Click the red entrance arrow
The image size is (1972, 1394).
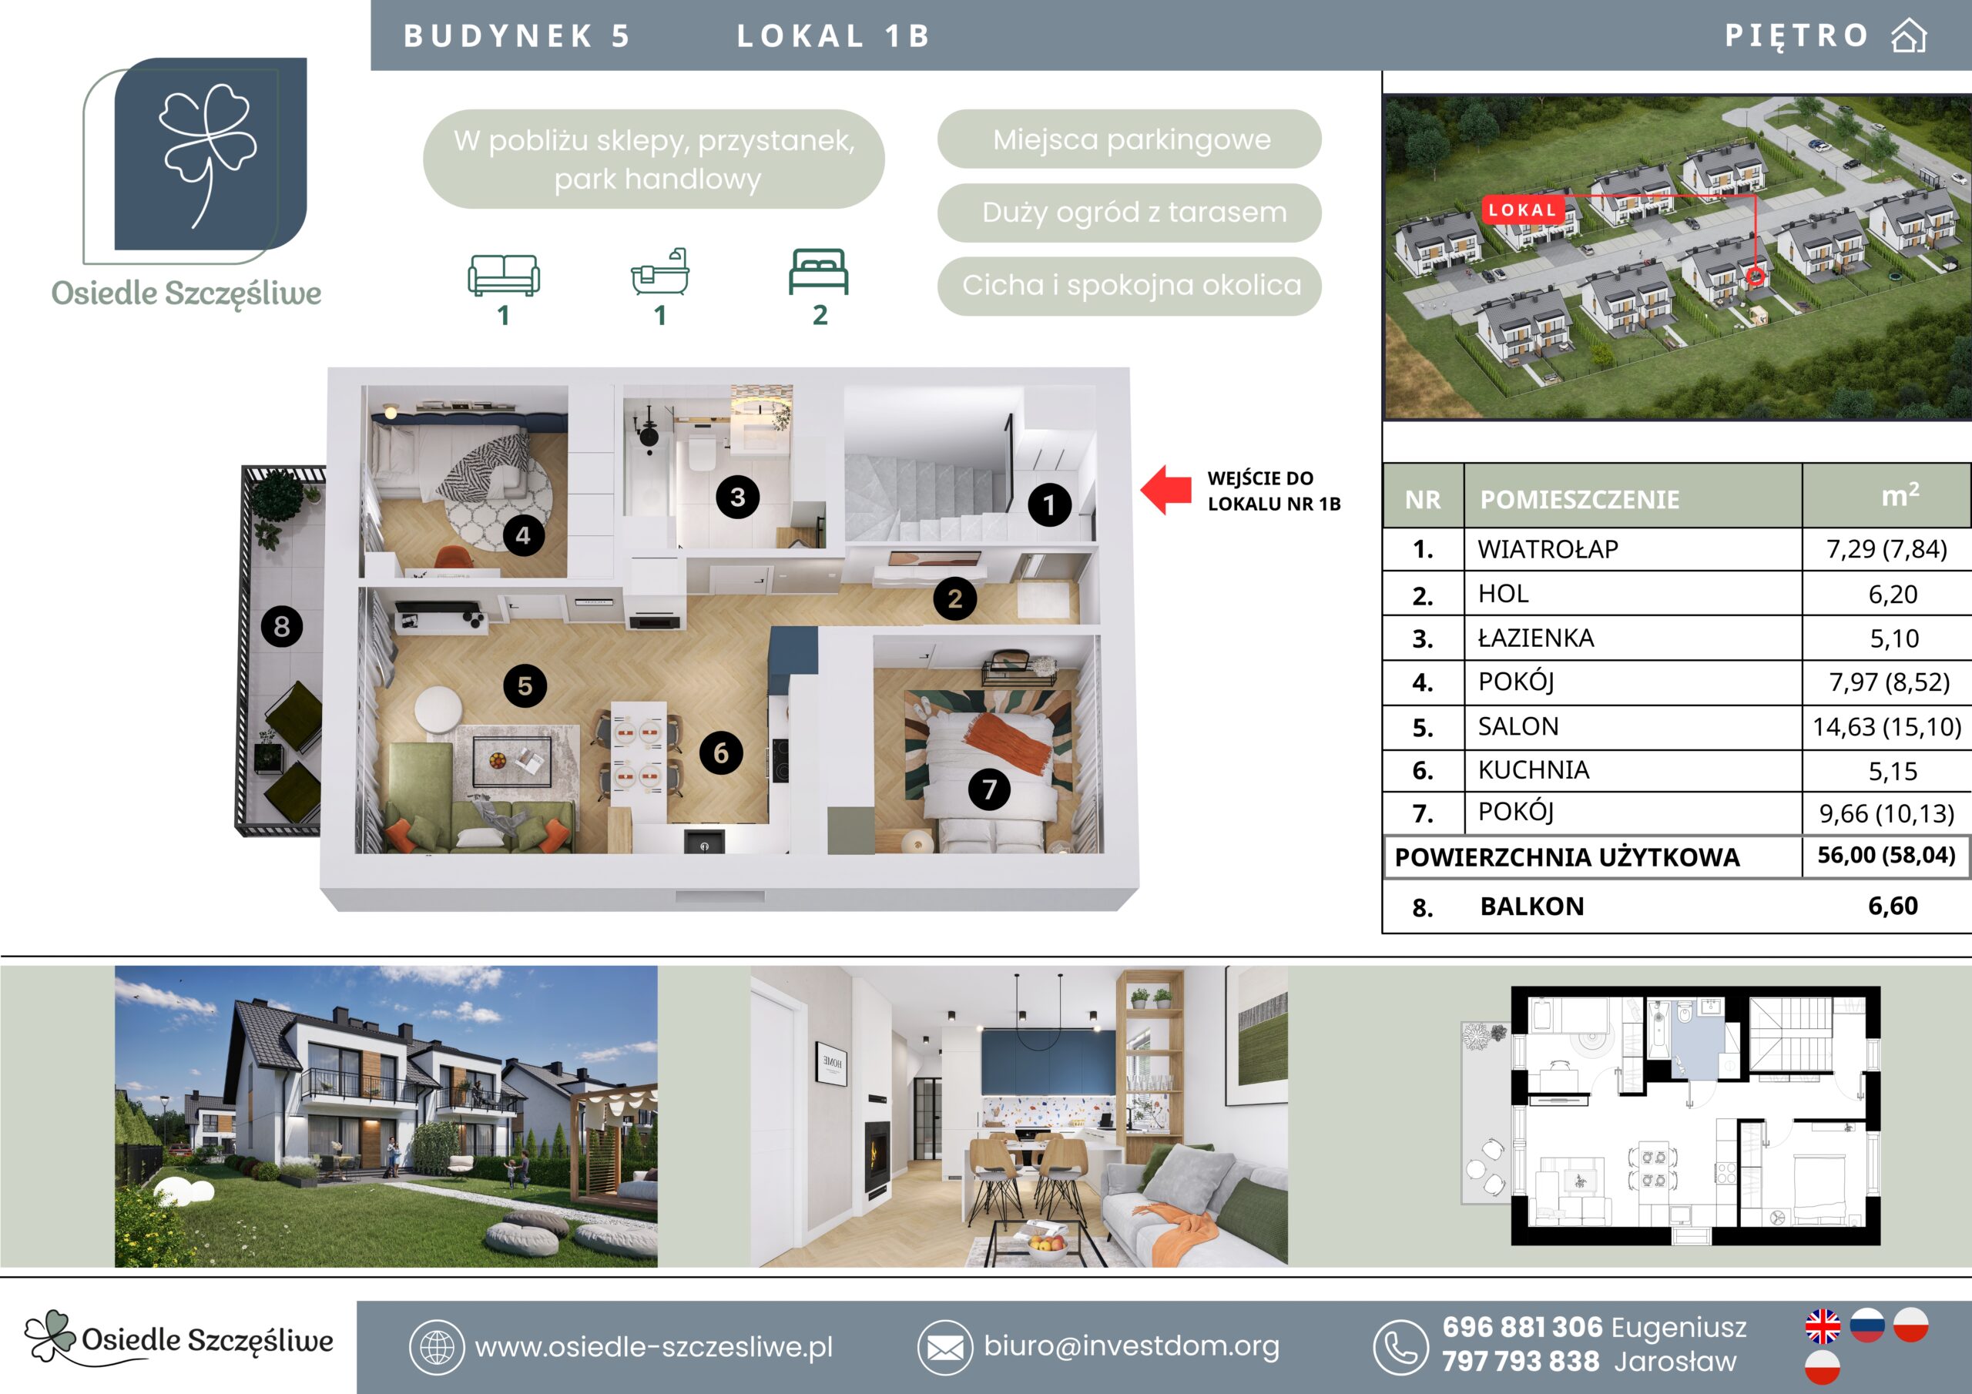coord(1165,491)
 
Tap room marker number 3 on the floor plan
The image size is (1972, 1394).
coord(738,497)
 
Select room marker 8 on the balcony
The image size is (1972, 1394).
coord(282,626)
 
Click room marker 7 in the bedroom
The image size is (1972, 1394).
coord(989,789)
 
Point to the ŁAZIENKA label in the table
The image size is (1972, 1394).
coord(1536,638)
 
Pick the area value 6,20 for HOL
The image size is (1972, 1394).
coord(1893,595)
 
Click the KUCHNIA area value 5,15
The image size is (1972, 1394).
coord(1893,771)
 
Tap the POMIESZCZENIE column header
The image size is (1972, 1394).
coord(1579,499)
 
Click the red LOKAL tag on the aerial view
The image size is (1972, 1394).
coord(1522,210)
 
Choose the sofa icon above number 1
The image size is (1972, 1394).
coord(503,275)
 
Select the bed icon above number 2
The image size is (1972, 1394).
coord(820,271)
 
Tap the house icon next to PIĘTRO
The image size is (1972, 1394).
coord(1908,36)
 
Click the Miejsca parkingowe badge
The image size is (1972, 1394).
coord(1129,139)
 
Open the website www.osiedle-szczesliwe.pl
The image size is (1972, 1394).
coord(654,1347)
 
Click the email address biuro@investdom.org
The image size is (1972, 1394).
coord(1131,1346)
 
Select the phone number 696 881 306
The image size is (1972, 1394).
coord(1522,1327)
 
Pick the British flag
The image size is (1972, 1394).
coord(1823,1326)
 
